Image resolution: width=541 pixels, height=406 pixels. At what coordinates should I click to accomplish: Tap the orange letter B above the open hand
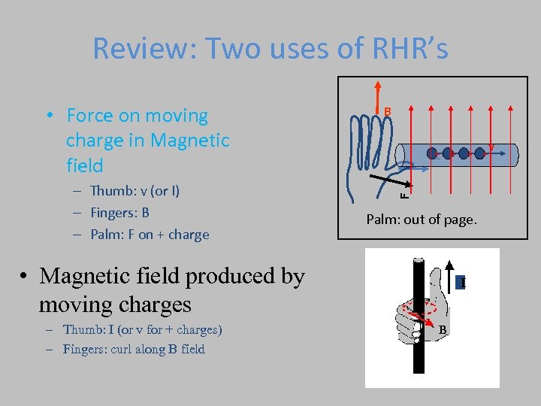(x=388, y=112)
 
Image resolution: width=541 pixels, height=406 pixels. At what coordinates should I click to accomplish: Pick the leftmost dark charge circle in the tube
(x=432, y=153)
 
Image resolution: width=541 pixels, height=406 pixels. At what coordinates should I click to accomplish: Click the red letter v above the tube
(x=491, y=145)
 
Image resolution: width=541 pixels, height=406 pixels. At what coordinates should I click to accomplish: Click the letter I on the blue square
(x=464, y=283)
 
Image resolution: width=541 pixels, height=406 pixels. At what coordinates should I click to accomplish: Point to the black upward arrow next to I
(x=449, y=274)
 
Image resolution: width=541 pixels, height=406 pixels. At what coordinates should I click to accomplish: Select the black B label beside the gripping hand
(x=443, y=330)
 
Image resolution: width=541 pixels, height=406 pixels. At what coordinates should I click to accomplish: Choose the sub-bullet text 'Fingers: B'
(x=119, y=213)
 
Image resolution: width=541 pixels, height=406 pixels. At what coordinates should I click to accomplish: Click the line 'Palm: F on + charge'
(x=149, y=235)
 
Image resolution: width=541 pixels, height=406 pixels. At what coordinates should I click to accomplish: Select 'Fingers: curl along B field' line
(x=133, y=349)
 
